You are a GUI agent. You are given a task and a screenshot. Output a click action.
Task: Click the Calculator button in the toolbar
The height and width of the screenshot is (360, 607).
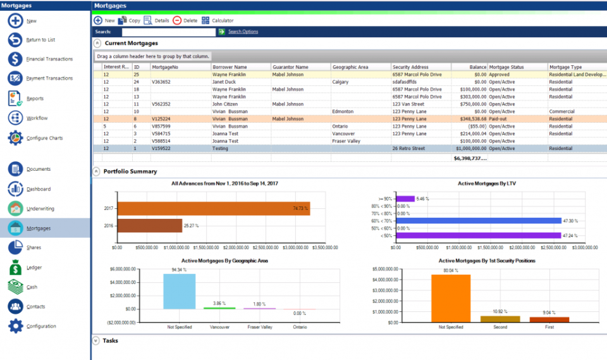tap(218, 20)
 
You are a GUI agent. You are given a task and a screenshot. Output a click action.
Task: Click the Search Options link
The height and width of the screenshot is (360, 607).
tap(243, 32)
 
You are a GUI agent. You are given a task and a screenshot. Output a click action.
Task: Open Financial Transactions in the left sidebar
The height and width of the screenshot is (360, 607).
tap(49, 59)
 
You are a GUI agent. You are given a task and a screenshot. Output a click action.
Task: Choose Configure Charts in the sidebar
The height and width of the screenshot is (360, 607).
tap(44, 138)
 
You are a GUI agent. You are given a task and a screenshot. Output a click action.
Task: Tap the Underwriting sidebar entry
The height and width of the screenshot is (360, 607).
tap(40, 208)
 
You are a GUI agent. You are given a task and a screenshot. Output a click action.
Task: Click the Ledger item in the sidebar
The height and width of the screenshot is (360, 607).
tap(34, 268)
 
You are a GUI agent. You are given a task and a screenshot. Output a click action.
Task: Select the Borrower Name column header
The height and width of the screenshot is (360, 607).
tap(230, 66)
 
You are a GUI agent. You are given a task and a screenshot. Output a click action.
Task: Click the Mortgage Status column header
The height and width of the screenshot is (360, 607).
tap(507, 66)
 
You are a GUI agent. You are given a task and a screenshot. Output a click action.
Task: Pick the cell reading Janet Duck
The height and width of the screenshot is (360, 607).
tap(224, 82)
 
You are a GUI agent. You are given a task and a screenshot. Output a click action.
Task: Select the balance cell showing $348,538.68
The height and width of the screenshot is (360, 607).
tap(469, 118)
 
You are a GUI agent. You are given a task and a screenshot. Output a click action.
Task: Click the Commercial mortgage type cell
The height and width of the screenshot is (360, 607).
tap(563, 111)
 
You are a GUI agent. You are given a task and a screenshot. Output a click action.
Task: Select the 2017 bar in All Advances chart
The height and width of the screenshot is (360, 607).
tap(214, 208)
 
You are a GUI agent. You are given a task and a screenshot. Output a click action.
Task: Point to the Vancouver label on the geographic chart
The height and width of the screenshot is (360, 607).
tap(219, 328)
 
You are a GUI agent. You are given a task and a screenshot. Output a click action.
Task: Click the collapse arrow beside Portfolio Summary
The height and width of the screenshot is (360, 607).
tap(97, 171)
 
